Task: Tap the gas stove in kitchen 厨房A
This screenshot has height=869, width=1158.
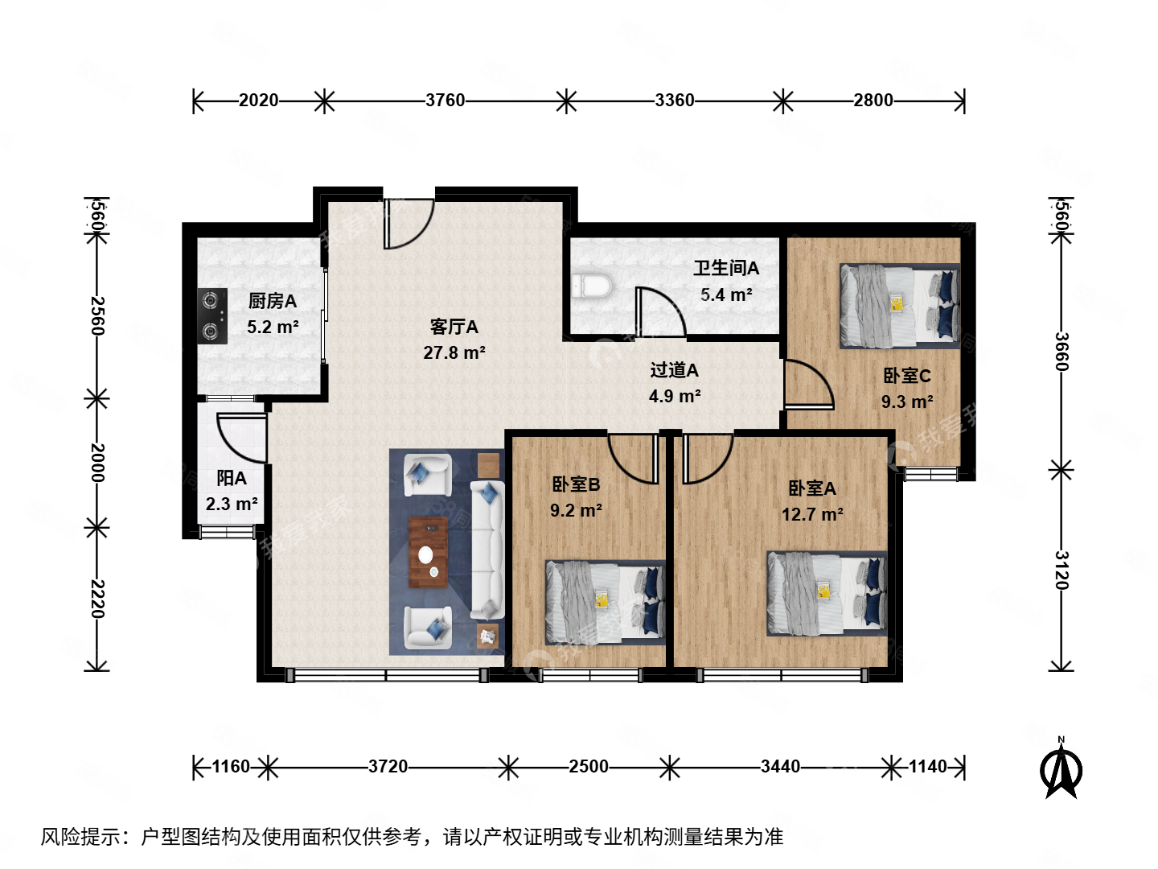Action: pos(212,315)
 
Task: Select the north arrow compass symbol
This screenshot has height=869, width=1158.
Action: pos(1061,770)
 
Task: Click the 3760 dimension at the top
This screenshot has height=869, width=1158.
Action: pos(445,101)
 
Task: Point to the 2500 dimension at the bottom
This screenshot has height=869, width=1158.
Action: pos(589,767)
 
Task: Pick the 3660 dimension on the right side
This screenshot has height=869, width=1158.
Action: pos(1061,352)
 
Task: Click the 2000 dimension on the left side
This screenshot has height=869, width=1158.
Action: pos(97,462)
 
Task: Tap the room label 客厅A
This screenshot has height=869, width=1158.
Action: pos(454,327)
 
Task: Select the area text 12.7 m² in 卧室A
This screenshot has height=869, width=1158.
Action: pos(812,514)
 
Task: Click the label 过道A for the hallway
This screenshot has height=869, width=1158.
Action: pos(674,370)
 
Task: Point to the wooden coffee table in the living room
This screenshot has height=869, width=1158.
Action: pos(428,553)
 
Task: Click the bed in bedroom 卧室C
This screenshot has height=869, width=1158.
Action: pos(899,307)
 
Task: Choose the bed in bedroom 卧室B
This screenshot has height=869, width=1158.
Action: pos(605,602)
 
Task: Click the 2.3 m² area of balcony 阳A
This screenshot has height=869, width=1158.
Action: pos(232,505)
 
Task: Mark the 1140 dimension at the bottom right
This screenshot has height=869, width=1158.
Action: pos(928,767)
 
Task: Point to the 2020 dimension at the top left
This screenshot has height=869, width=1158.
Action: pos(258,101)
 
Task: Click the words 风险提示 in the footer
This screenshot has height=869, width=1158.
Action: pos(81,837)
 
